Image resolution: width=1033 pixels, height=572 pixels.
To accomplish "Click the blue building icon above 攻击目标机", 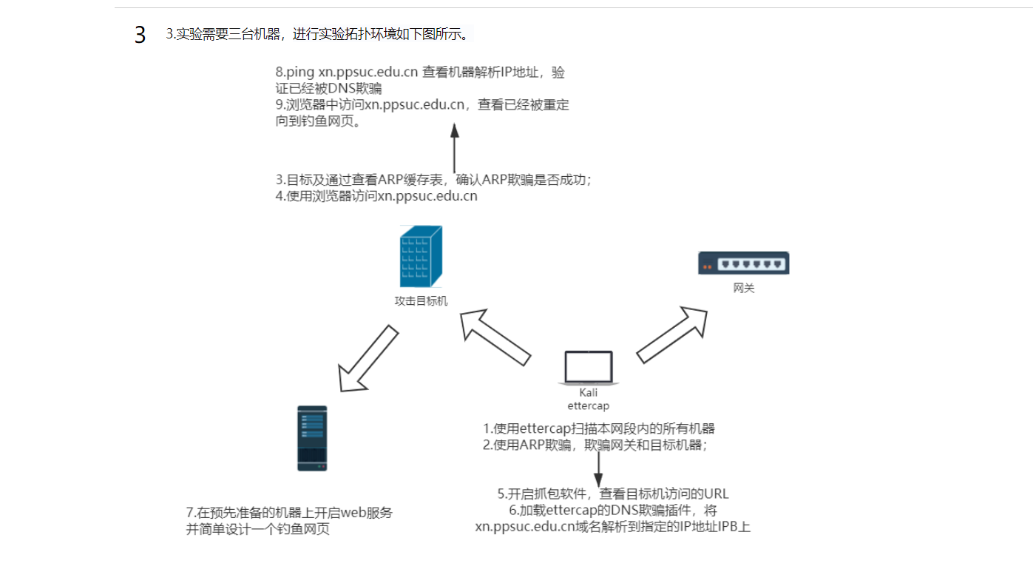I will tap(421, 257).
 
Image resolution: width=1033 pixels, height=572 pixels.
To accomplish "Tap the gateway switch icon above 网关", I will tap(744, 263).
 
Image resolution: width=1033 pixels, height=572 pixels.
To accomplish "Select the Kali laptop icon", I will tap(589, 369).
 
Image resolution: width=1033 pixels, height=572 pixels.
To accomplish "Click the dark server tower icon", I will tap(312, 438).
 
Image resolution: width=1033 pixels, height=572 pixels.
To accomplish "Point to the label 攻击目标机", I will tap(421, 301).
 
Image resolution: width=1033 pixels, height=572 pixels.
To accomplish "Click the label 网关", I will tap(744, 289).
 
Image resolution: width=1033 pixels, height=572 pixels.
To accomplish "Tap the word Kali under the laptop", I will tap(589, 393).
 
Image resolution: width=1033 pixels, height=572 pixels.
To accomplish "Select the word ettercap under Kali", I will tap(589, 406).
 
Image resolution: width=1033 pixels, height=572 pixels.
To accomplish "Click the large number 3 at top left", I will tap(140, 35).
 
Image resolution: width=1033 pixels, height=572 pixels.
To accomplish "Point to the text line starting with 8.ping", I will tap(420, 73).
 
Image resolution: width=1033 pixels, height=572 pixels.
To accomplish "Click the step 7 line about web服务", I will tap(289, 513).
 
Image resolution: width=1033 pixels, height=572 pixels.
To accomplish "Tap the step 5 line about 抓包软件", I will tap(613, 494).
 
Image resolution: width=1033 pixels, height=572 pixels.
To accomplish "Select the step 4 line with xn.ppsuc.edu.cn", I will tap(376, 196).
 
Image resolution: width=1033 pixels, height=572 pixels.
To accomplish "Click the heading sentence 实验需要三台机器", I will tap(318, 34).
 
